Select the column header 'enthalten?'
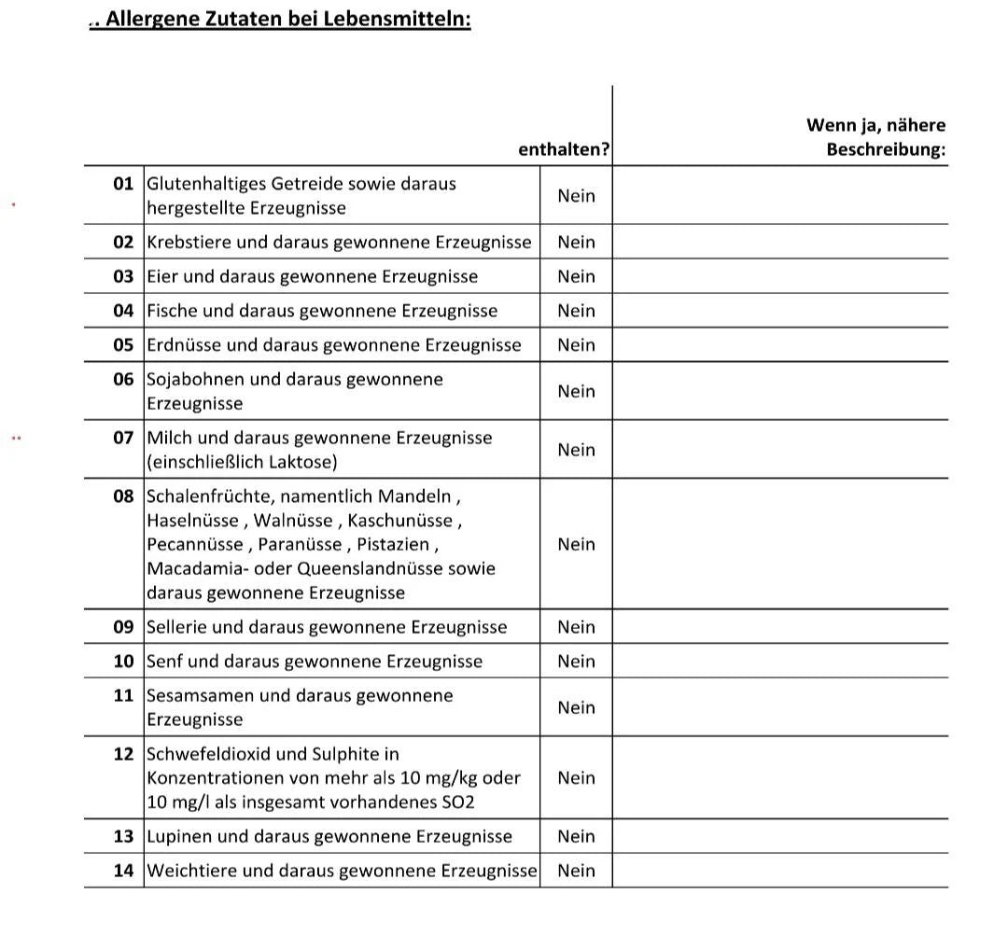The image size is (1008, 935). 564,149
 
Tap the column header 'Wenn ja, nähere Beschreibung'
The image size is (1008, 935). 875,137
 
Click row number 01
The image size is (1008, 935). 124,184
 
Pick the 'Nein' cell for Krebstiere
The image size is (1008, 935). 576,242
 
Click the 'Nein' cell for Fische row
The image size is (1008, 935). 576,311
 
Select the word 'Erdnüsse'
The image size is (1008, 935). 184,345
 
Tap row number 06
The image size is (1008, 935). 124,380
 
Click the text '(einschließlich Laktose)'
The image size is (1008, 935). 242,462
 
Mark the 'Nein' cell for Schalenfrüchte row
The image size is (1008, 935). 576,544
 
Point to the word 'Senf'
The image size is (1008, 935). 165,662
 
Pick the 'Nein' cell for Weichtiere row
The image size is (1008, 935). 576,871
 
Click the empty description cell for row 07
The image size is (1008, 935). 779,450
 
